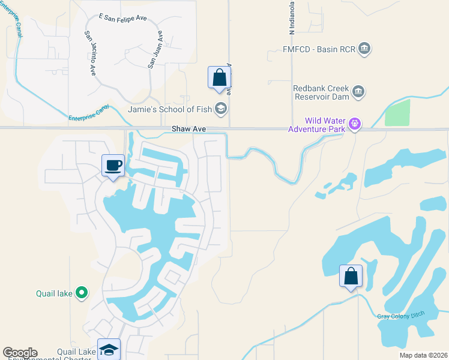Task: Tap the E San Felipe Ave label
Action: point(122,18)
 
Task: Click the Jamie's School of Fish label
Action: point(170,109)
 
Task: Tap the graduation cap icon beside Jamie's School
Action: point(221,109)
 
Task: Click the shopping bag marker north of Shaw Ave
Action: point(220,78)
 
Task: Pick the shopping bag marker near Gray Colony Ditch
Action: point(351,277)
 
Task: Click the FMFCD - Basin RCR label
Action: point(319,49)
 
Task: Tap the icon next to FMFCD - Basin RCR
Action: point(364,49)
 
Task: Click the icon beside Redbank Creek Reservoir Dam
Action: point(358,92)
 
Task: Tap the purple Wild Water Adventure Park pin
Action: point(355,124)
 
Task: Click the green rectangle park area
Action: point(397,113)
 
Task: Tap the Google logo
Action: point(20,353)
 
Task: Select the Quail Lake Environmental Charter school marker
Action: point(109,350)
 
